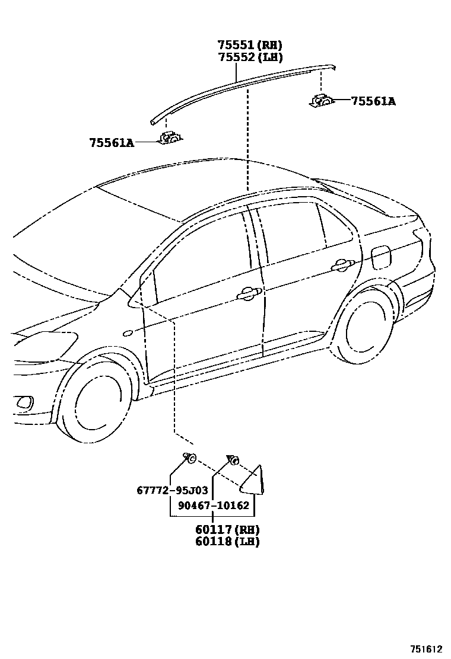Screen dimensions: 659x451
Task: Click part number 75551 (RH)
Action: coord(249,45)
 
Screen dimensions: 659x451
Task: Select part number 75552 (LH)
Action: coord(249,57)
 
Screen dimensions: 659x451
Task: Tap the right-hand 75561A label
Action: coord(373,101)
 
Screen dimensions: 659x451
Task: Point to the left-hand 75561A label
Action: coord(112,142)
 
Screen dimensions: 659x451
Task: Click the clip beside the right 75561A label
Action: coord(322,101)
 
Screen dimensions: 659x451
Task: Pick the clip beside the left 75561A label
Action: coord(170,139)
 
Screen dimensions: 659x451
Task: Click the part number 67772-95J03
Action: coord(172,490)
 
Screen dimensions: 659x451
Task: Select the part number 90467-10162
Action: coord(214,506)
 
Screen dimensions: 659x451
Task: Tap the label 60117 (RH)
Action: coord(227,529)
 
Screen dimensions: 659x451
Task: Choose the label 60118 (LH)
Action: coord(227,541)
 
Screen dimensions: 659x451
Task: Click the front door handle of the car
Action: coord(247,293)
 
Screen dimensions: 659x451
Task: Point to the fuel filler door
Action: coord(382,256)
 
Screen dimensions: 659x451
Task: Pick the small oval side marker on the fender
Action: coord(127,333)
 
